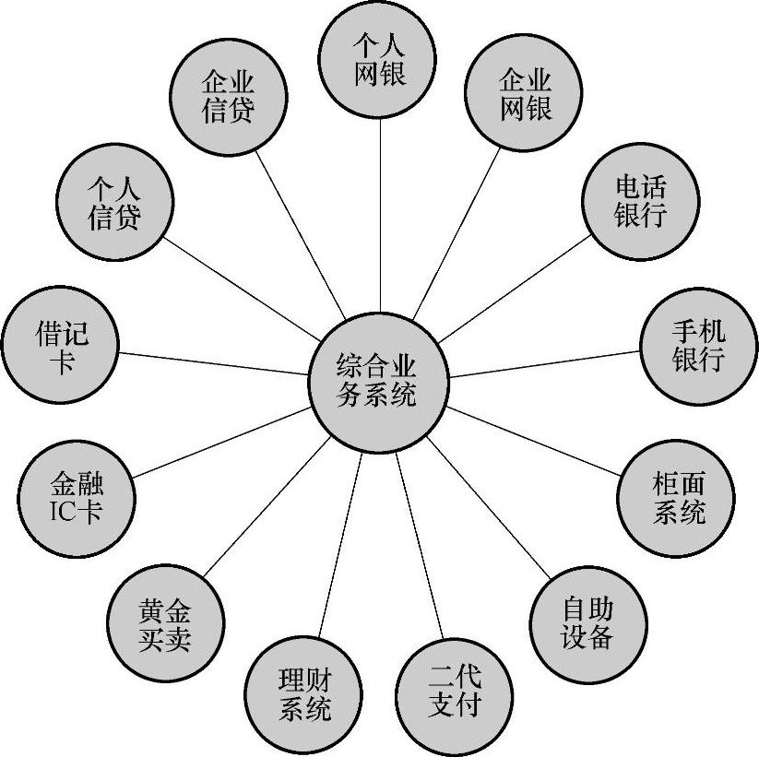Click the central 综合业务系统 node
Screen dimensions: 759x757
point(378,380)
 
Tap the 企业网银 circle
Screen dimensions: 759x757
point(523,95)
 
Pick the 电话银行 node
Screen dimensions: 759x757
point(640,202)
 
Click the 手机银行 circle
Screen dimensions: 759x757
point(697,346)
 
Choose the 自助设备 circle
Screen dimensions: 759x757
point(588,622)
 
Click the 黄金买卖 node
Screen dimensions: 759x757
point(166,626)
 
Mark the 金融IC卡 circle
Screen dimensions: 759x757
point(76,499)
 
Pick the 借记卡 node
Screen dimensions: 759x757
point(61,347)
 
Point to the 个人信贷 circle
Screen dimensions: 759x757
point(114,203)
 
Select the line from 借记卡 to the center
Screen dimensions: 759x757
point(212,363)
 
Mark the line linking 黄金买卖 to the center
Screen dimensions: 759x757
point(267,508)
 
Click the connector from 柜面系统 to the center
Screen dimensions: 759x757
point(535,441)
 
